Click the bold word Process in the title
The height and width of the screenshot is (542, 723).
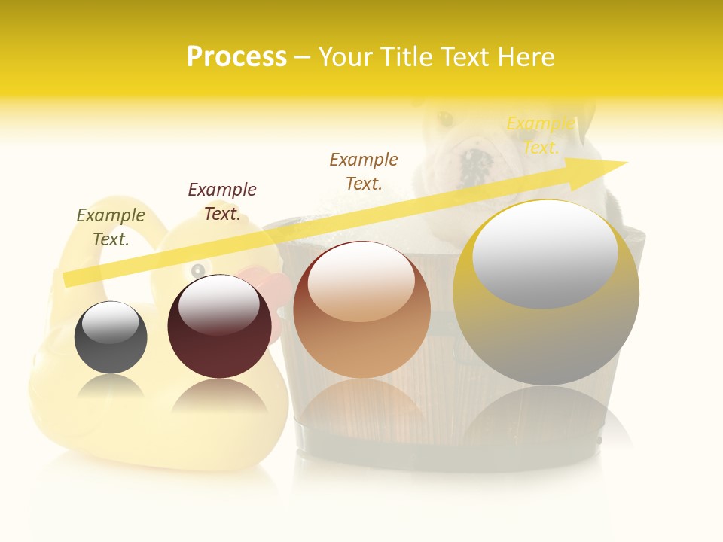[x=236, y=57]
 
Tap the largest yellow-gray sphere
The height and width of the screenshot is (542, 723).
[x=546, y=339]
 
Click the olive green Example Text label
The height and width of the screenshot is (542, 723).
[x=111, y=227]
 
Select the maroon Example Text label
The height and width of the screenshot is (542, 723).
[x=222, y=201]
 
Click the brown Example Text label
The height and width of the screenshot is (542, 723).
[x=364, y=171]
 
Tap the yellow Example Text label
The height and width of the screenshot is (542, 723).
[x=540, y=135]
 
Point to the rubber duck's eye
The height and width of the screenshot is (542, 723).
[x=199, y=269]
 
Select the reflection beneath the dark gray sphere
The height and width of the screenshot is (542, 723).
[x=111, y=388]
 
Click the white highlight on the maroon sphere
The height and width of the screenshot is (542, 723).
[x=218, y=305]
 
